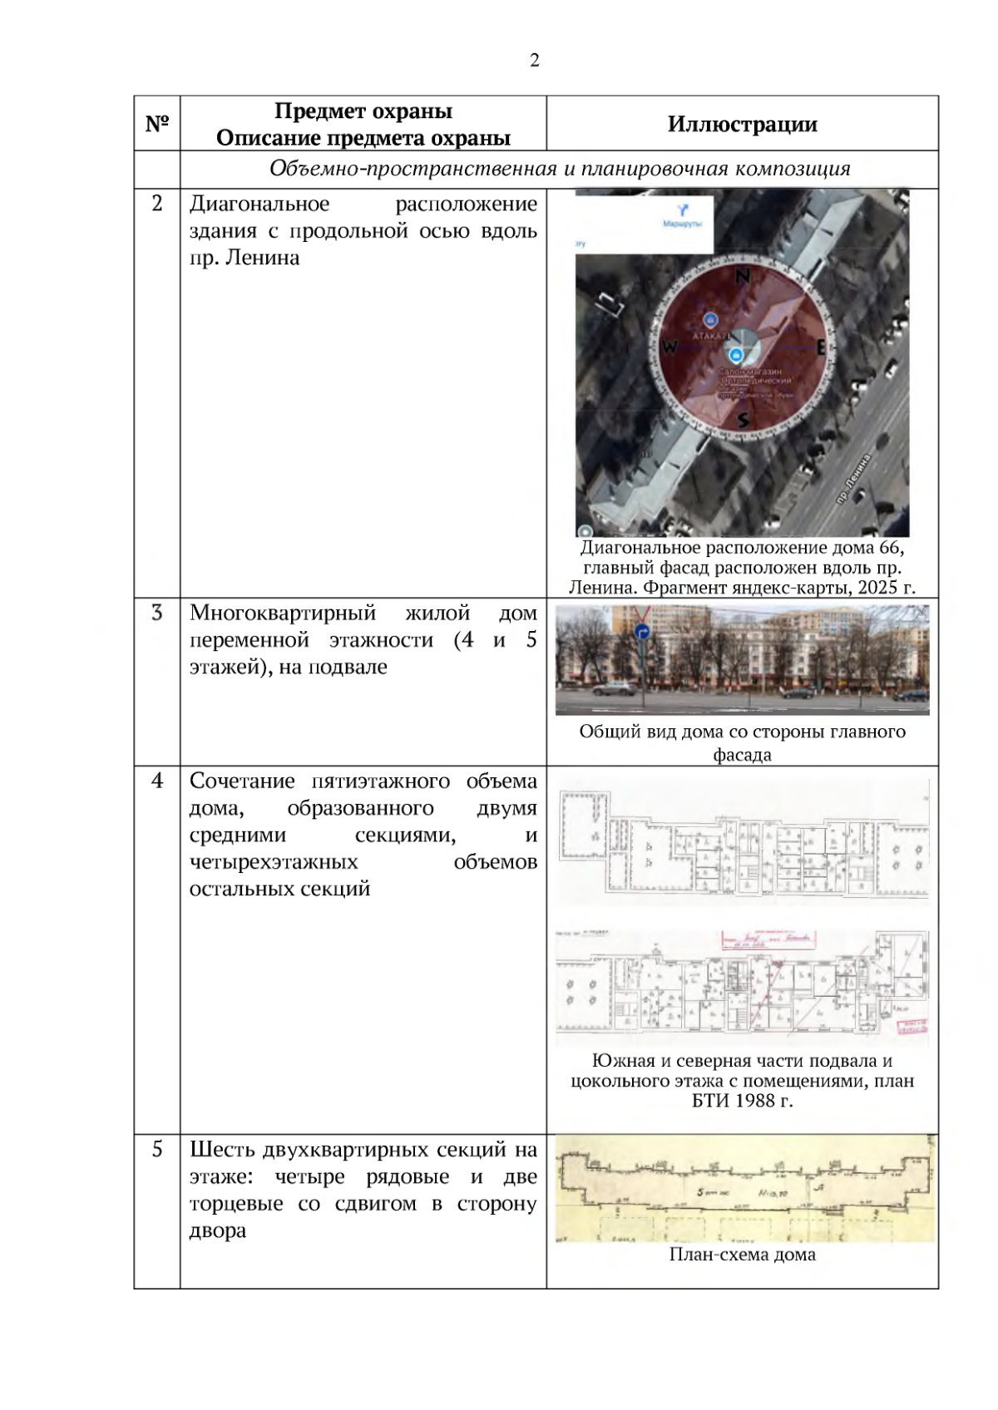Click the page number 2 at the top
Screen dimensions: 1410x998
[534, 60]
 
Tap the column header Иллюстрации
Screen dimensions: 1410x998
[742, 125]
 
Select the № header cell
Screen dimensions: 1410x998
[157, 124]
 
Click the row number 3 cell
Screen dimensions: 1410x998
[157, 614]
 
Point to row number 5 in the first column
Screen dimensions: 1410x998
[157, 1150]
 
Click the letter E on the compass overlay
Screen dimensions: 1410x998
[820, 348]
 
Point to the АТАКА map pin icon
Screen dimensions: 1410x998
[709, 320]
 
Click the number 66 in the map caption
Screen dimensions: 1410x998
[889, 548]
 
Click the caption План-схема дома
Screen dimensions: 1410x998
[742, 1255]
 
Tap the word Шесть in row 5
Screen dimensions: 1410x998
[222, 1150]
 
